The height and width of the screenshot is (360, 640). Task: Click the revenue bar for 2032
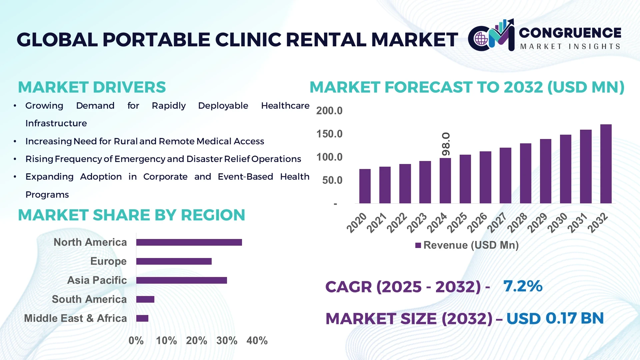(x=606, y=164)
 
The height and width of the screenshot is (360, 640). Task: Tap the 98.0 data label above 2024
(x=446, y=144)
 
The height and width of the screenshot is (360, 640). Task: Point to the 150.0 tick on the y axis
(x=329, y=134)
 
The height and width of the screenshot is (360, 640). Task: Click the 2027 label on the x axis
(x=497, y=222)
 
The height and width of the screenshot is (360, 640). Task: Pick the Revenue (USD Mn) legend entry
(x=467, y=245)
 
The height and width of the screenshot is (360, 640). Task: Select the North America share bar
(x=189, y=242)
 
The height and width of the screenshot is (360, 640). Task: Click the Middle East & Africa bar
(x=142, y=318)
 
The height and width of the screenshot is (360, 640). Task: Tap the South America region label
(x=89, y=299)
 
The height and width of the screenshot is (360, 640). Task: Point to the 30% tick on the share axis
(x=227, y=341)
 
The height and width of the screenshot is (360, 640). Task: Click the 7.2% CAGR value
(x=523, y=286)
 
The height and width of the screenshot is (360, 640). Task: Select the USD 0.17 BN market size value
(x=555, y=318)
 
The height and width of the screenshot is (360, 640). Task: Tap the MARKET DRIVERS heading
(x=92, y=87)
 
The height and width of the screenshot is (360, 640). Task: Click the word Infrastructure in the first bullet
(x=56, y=123)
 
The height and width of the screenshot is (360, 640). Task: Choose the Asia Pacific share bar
(x=181, y=280)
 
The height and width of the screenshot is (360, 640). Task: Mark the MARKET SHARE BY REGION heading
(x=131, y=215)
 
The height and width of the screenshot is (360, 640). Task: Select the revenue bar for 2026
(x=485, y=177)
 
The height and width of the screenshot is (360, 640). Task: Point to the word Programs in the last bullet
(x=47, y=195)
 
